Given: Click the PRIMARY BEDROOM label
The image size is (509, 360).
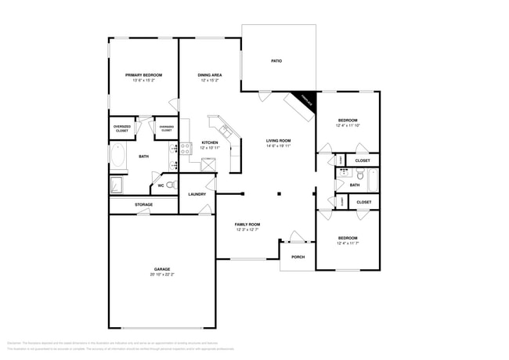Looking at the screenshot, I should point(143,75).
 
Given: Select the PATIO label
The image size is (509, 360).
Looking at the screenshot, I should point(276,60).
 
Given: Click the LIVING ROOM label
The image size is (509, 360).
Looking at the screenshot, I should point(278,141).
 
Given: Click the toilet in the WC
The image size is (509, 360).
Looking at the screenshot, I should point(171,185).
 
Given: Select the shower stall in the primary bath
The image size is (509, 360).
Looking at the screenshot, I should point(116,185).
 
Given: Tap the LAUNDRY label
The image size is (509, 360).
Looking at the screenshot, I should point(197,194).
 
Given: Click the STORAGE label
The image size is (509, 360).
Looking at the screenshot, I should point(143,204).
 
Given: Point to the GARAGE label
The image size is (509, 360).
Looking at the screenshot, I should point(161,269).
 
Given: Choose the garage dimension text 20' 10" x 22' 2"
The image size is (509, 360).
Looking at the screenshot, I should point(161,275).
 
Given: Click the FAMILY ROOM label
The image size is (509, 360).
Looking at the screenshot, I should point(247,225).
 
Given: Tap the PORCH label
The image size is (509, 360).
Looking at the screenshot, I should point(298,257).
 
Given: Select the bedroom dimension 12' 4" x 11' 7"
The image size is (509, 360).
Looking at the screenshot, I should point(348,243).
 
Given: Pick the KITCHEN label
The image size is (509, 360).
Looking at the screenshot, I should point(209,142).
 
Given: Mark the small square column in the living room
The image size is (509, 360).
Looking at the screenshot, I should point(278,193).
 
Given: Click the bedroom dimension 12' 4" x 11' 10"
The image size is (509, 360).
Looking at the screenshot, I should point(348,125).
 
